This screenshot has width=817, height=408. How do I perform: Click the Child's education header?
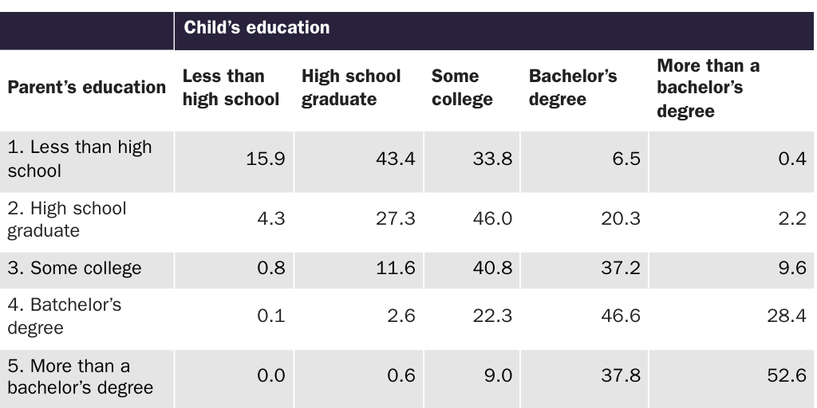pyautogui.click(x=257, y=28)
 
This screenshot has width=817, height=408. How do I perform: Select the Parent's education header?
pyautogui.click(x=86, y=88)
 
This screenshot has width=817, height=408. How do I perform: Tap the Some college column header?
pyautogui.click(x=461, y=88)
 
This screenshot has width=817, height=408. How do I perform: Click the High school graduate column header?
pyautogui.click(x=351, y=88)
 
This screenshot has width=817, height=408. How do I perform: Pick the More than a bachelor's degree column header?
pyautogui.click(x=708, y=88)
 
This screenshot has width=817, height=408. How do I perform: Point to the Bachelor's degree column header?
pyautogui.click(x=572, y=88)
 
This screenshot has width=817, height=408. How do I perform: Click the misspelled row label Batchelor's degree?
pyautogui.click(x=64, y=316)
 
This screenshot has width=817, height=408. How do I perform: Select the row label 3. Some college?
pyautogui.click(x=74, y=269)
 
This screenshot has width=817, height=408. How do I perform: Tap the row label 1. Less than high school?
pyautogui.click(x=79, y=159)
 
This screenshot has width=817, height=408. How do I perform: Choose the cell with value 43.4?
pyautogui.click(x=395, y=159)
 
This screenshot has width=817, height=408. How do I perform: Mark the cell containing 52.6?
pyautogui.click(x=786, y=375)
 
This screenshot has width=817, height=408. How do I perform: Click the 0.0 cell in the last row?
pyautogui.click(x=270, y=375)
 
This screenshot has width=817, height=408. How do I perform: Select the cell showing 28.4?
pyautogui.click(x=786, y=316)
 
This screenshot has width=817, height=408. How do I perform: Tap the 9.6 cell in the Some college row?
pyautogui.click(x=791, y=269)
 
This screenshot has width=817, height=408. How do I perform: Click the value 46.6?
pyautogui.click(x=620, y=316)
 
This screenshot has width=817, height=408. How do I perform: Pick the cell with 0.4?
pyautogui.click(x=791, y=159)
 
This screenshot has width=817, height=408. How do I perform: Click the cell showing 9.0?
pyautogui.click(x=497, y=375)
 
